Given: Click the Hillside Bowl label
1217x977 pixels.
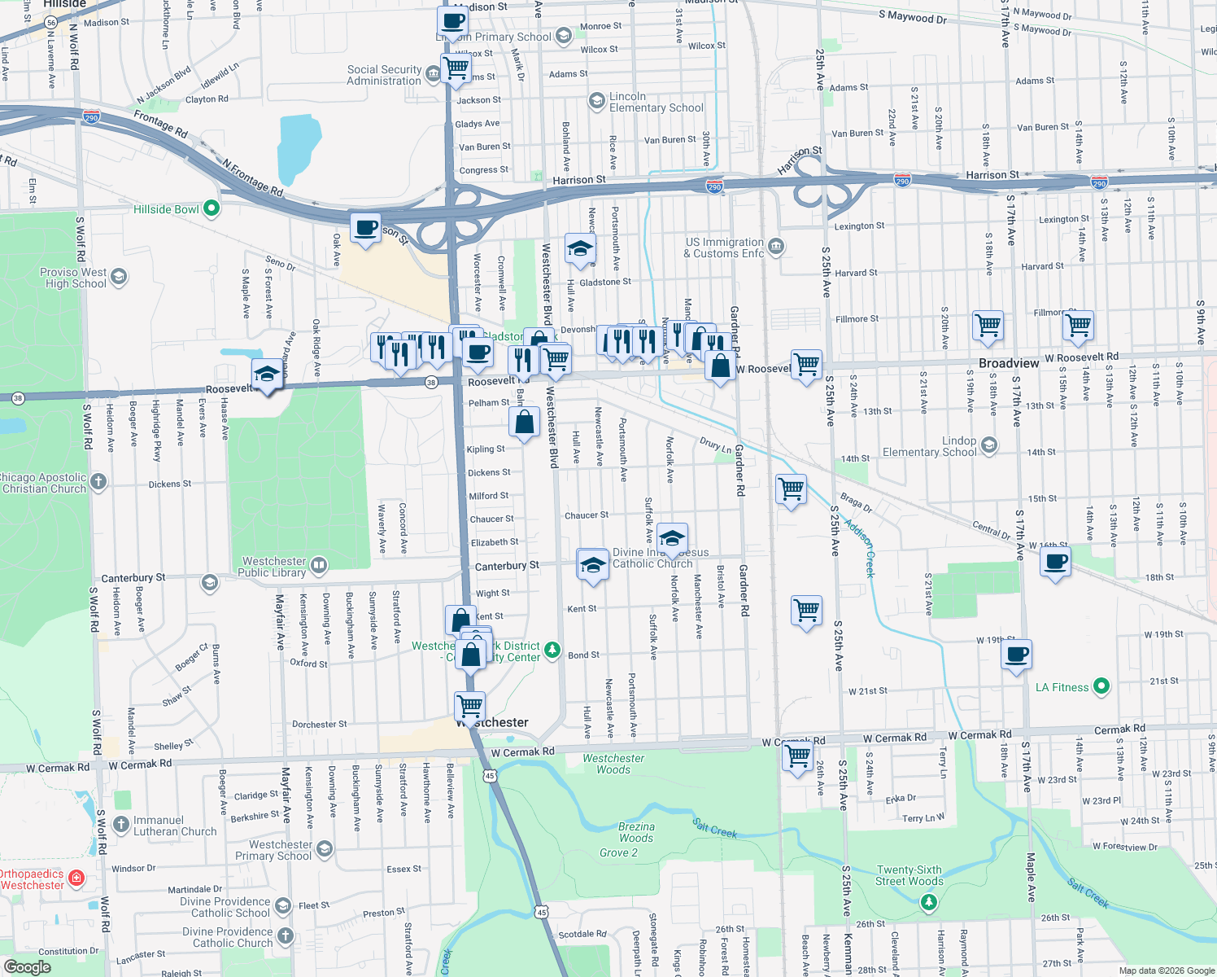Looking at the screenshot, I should pos(166,209).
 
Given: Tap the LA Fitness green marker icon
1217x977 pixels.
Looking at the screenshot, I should pos(1101,687).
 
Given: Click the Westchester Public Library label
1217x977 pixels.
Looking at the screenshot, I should pos(273,567).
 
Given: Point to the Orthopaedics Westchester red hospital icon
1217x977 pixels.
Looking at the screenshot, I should pos(76,878).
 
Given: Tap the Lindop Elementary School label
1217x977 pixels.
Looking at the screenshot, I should pos(929,446).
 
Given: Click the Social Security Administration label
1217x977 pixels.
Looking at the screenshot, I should pos(384,75).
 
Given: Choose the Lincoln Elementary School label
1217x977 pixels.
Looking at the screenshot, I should pos(656,102).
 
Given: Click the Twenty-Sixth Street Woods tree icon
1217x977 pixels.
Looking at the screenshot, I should pos(928,902).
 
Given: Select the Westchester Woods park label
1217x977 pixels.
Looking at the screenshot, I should pos(613,764).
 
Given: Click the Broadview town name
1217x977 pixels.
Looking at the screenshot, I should pos(1009,363).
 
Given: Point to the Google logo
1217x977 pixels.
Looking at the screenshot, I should pos(28,966).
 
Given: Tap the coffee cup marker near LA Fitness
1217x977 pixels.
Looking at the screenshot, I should pos(1016,654).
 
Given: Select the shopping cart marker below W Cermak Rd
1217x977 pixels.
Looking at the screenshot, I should pos(798,755).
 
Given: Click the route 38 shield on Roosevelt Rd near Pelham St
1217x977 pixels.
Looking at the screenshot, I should pos(431,382).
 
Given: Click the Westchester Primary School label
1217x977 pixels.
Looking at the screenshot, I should pos(273,850).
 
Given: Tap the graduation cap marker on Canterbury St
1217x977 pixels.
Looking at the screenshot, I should pos(593,564).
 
